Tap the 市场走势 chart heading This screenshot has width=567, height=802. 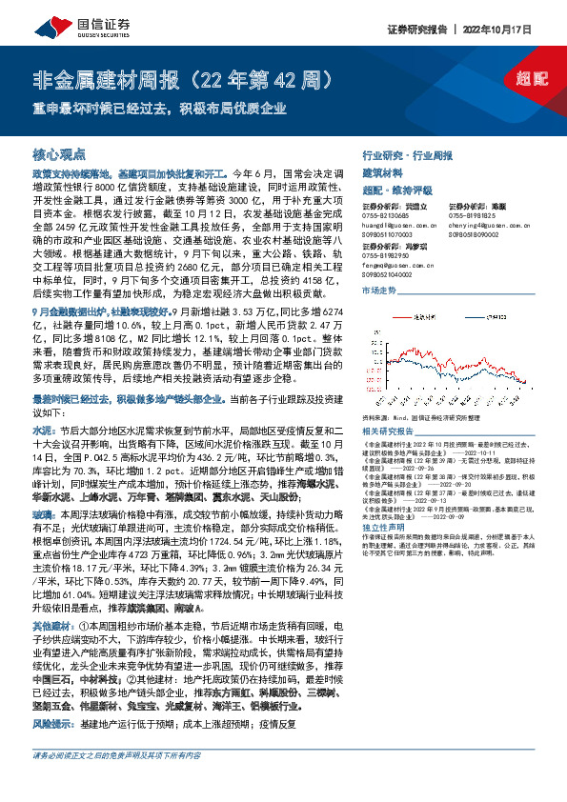click(378, 289)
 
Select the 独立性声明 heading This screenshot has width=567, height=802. click(382, 527)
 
